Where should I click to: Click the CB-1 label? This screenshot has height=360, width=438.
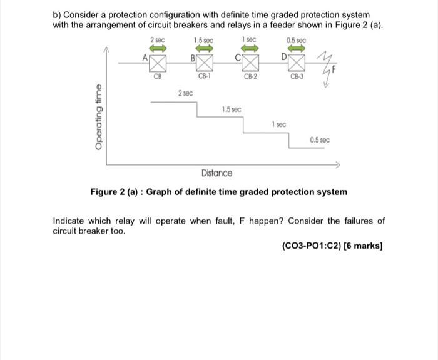[x=205, y=77]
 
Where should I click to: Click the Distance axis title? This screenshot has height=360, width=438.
[x=216, y=172]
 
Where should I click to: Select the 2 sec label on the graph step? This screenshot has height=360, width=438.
[x=185, y=93]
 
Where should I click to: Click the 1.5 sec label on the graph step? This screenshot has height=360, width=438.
[x=232, y=109]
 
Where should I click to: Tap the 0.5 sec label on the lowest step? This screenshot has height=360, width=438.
[x=320, y=140]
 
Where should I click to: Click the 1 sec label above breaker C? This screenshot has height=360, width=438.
[x=248, y=41]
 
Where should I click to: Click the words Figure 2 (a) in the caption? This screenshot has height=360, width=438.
[x=115, y=192]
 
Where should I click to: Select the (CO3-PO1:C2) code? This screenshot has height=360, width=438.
[x=312, y=246]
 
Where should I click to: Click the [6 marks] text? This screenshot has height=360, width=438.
[x=364, y=246]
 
